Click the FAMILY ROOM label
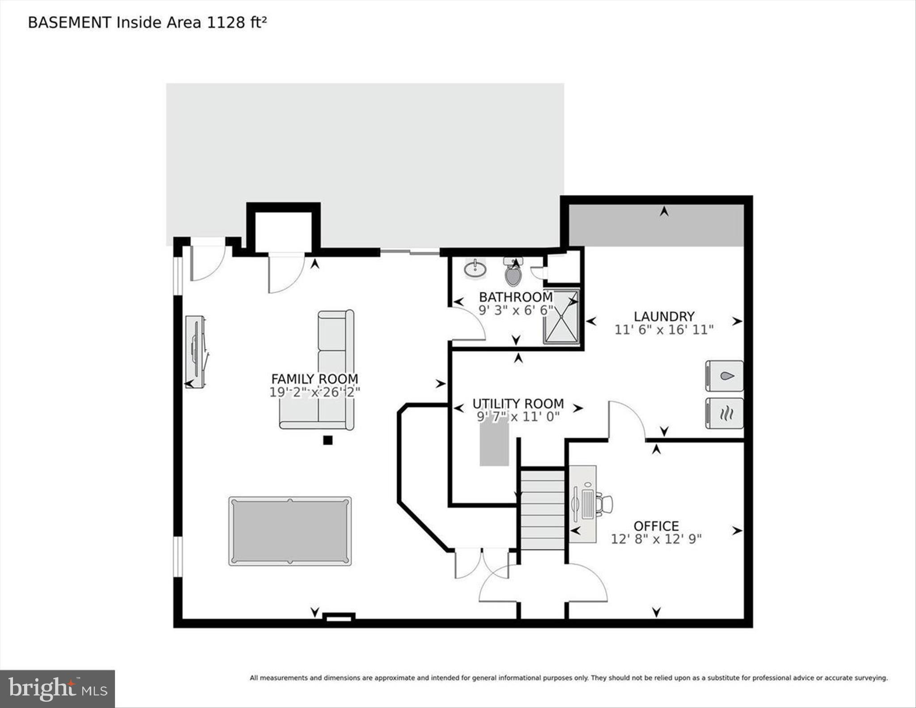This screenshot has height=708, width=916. click(314, 379)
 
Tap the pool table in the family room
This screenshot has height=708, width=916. click(290, 531)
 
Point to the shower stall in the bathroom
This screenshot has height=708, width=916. click(561, 317)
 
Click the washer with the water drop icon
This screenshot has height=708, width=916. click(724, 376)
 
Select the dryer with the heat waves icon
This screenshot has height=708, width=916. click(724, 414)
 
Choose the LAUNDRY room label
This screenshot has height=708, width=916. click(664, 316)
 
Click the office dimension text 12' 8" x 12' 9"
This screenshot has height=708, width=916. click(656, 539)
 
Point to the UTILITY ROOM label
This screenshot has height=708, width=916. click(518, 404)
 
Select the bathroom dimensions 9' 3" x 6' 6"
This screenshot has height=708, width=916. click(516, 310)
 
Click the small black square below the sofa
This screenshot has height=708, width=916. click(328, 440)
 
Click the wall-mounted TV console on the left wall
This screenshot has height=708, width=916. click(196, 352)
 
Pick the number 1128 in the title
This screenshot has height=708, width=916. click(225, 22)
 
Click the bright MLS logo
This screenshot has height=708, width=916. click(57, 689)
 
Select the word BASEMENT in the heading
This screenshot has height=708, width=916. click(69, 22)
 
